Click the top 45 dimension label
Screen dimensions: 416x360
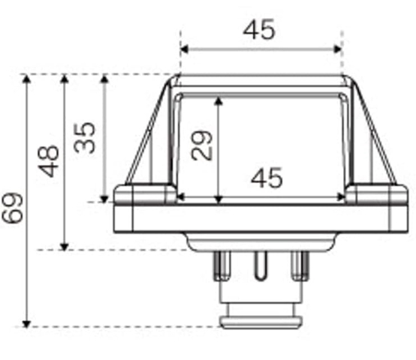259,29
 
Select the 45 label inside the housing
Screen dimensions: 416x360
267,178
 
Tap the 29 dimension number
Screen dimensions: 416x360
202,145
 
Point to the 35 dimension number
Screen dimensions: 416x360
84,138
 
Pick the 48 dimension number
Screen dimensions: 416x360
48,161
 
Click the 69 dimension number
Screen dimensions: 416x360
12,208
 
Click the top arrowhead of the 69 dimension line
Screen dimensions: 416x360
26,79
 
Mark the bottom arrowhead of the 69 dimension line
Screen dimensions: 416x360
26,324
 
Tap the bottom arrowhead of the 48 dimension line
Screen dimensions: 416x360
65,247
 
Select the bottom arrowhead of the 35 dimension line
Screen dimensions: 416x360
105,199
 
